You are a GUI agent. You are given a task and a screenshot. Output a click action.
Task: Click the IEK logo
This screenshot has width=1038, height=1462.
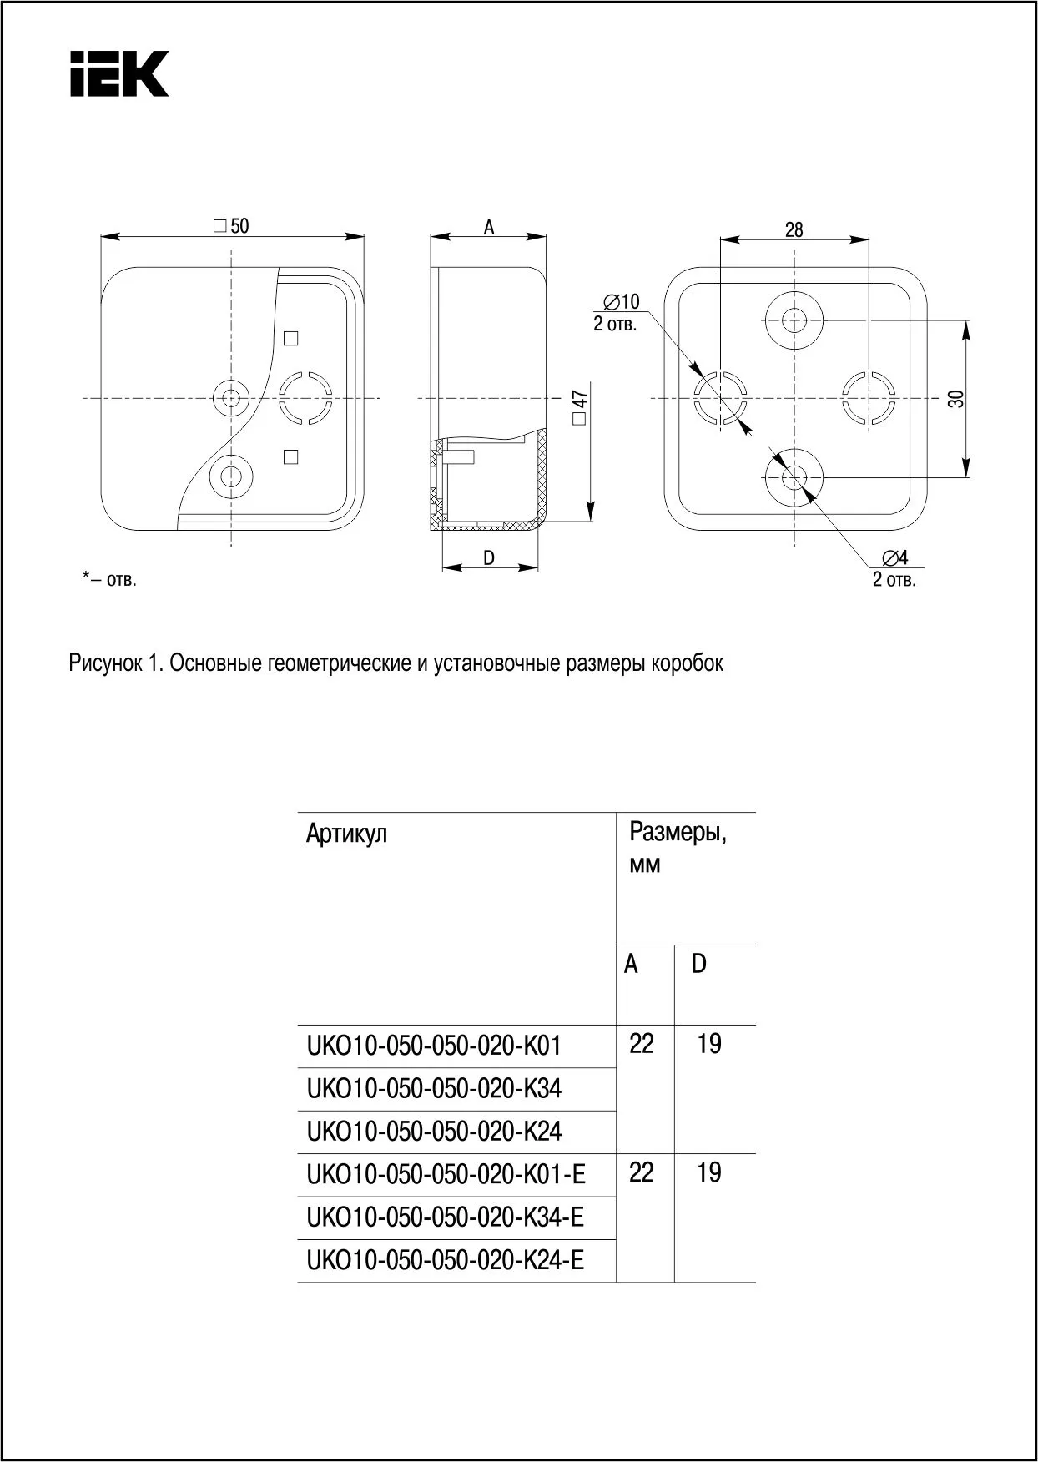(119, 73)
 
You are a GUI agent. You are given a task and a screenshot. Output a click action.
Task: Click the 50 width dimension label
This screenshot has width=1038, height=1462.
(231, 226)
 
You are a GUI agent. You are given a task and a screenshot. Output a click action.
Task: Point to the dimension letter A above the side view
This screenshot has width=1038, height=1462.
(489, 226)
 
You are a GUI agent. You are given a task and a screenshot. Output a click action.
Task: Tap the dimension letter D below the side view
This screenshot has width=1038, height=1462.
(489, 557)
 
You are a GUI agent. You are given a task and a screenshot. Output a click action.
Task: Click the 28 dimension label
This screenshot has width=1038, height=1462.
(794, 229)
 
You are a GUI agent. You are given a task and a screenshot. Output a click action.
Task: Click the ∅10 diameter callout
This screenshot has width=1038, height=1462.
(621, 302)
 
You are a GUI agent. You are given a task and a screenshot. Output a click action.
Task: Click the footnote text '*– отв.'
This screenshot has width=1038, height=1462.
(109, 579)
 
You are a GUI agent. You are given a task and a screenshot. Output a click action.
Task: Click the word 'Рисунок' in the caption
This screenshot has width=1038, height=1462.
(105, 663)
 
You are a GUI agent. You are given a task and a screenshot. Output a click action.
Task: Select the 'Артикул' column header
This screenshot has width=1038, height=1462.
(346, 833)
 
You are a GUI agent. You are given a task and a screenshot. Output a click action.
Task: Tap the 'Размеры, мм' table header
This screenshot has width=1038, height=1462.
(677, 847)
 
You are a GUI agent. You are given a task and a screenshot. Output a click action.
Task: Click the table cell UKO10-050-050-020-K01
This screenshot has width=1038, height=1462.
(434, 1046)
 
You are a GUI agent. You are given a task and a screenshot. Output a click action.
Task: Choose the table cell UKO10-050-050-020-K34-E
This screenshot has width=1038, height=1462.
(445, 1217)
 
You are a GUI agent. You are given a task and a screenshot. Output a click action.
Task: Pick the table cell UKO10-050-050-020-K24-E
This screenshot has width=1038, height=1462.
(445, 1260)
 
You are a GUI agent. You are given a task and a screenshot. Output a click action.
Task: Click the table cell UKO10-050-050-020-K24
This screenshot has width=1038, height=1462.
(434, 1132)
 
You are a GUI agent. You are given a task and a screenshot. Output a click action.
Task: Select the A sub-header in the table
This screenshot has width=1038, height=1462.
(631, 965)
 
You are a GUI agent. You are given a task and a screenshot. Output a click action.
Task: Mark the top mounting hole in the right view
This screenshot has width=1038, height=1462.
(794, 320)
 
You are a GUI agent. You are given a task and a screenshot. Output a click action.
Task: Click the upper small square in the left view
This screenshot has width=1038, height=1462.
(291, 338)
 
